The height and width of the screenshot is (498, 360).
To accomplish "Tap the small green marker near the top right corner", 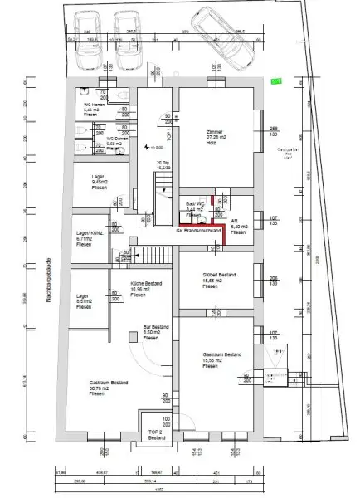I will pos(275,81).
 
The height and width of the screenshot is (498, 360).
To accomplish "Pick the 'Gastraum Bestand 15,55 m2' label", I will pos(221,358).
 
